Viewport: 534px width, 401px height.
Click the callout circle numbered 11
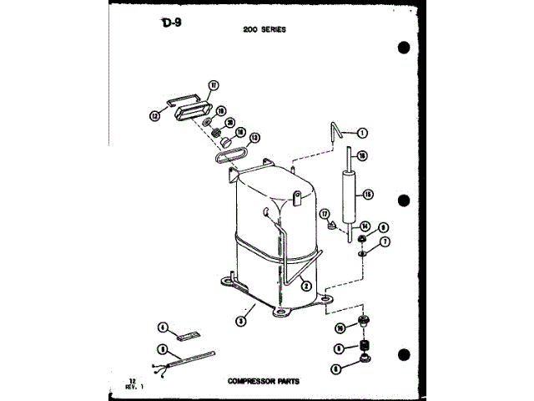click(214, 85)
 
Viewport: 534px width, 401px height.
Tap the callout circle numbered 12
click(154, 116)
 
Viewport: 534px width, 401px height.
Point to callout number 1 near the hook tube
click(363, 132)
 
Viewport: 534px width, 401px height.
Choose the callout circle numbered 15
click(368, 194)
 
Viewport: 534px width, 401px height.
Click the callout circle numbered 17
click(326, 215)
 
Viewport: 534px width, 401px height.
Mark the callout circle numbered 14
click(364, 226)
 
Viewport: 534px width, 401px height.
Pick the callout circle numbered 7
click(385, 242)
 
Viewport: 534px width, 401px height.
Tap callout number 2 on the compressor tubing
click(306, 286)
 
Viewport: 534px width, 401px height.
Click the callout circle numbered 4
click(164, 327)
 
